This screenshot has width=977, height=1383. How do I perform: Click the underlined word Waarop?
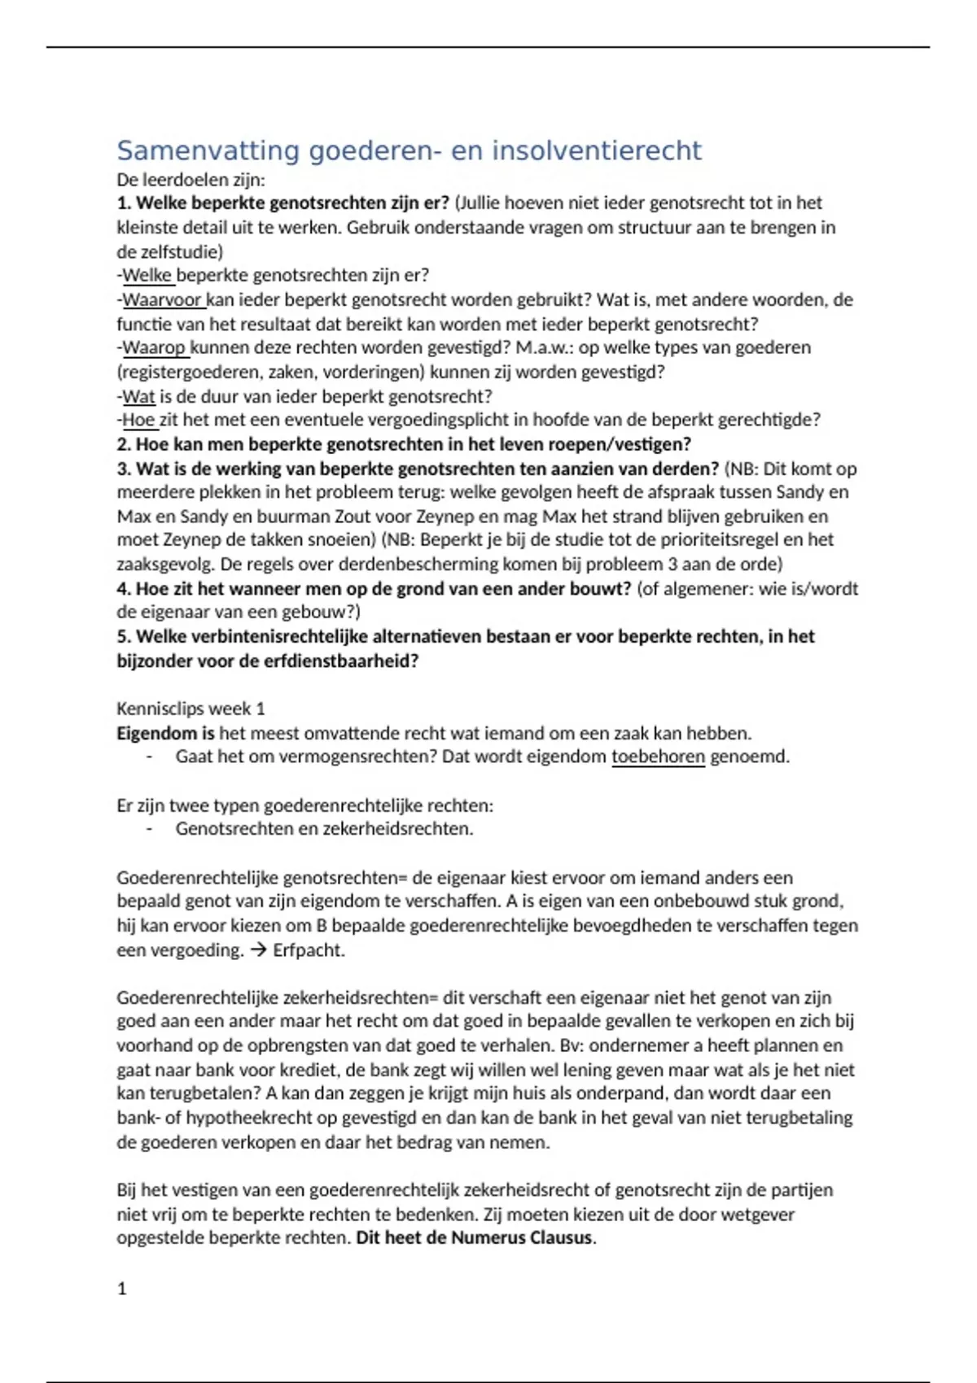pyautogui.click(x=154, y=347)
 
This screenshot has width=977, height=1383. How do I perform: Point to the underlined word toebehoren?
pyautogui.click(x=658, y=757)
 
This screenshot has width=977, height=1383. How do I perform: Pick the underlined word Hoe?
pyautogui.click(x=138, y=420)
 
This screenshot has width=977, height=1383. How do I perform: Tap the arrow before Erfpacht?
pyautogui.click(x=259, y=949)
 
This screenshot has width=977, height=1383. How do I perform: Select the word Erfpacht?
pyautogui.click(x=309, y=949)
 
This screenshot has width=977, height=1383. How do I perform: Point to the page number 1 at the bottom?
pyautogui.click(x=122, y=1289)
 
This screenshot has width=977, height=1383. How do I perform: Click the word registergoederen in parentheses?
pyautogui.click(x=190, y=372)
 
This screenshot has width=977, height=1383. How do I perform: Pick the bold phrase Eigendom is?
pyautogui.click(x=165, y=733)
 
